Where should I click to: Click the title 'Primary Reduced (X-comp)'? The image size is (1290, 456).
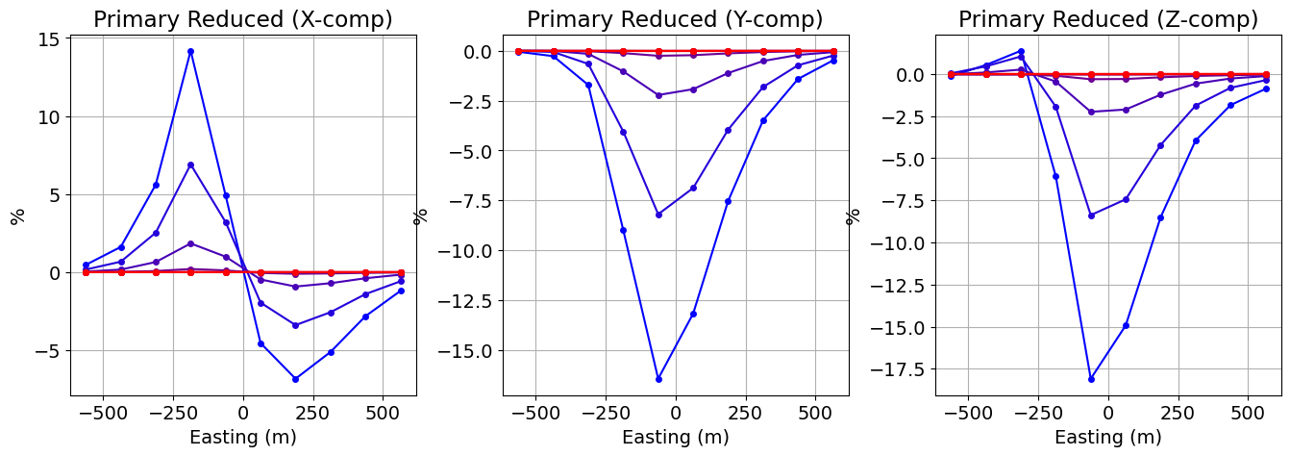tap(242, 19)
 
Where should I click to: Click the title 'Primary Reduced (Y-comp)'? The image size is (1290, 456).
tap(675, 19)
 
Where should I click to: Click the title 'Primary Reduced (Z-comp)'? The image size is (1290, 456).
tap(1107, 19)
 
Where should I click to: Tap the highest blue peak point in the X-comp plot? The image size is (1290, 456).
tap(190, 51)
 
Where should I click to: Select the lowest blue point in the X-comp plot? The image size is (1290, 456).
tap(295, 379)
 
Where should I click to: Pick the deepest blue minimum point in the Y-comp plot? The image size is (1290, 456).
tap(658, 379)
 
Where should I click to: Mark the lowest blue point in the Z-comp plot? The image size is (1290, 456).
tap(1091, 379)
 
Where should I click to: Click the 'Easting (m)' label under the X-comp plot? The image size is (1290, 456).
tap(242, 438)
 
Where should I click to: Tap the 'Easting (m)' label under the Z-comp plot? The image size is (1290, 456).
tap(1107, 438)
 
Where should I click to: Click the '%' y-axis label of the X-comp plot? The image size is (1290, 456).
tap(16, 215)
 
